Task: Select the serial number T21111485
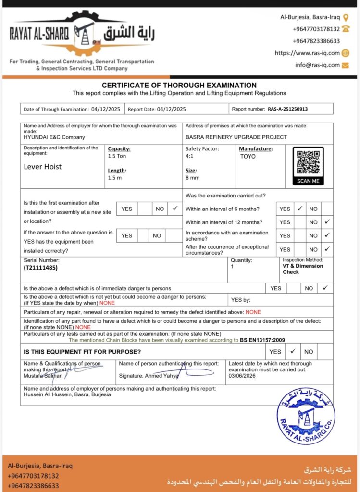pyautogui.click(x=40, y=268)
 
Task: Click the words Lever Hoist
pyautogui.click(x=43, y=167)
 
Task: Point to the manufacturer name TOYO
pyautogui.click(x=248, y=156)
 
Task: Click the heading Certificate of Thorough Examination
pyautogui.click(x=179, y=85)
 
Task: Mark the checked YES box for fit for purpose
pyautogui.click(x=293, y=351)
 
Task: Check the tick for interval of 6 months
pyautogui.click(x=300, y=209)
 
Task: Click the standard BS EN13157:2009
pyautogui.click(x=262, y=340)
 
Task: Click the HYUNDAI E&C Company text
pyautogui.click(x=54, y=137)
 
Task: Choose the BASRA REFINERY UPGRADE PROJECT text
pyautogui.click(x=236, y=137)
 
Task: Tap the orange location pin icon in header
pyautogui.click(x=346, y=17)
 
